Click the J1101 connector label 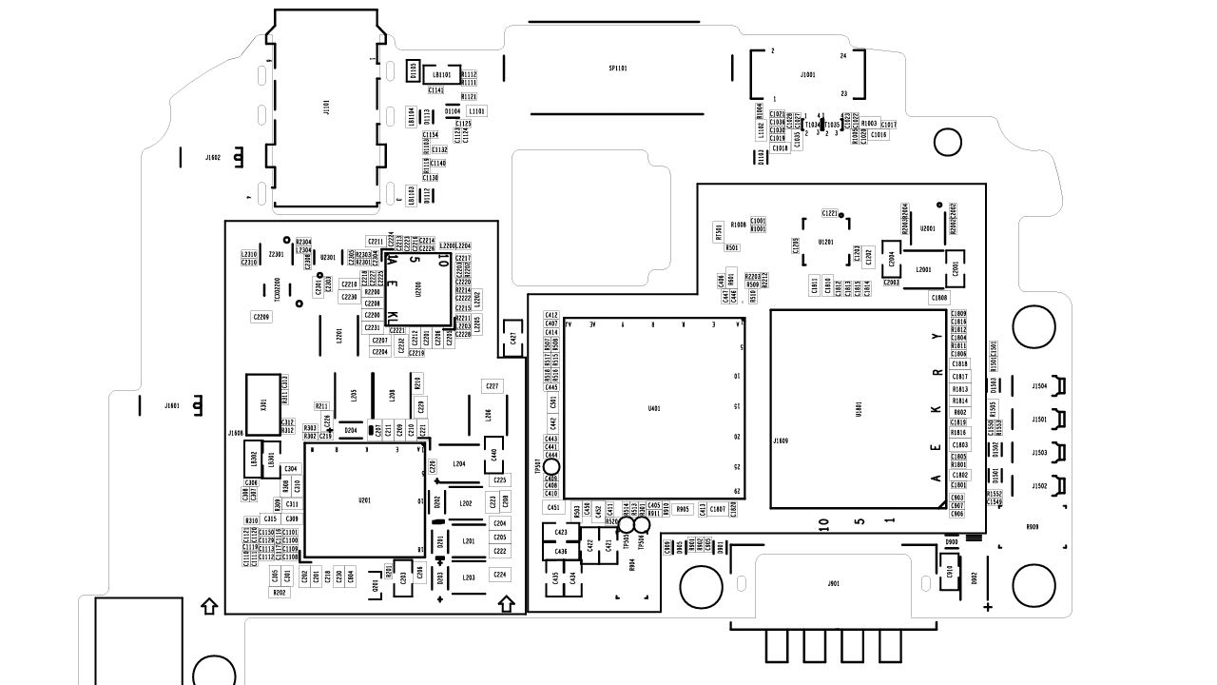pyautogui.click(x=326, y=108)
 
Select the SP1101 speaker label pyautogui.click(x=618, y=68)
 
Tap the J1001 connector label pyautogui.click(x=808, y=74)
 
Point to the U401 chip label pyautogui.click(x=654, y=408)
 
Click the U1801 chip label pyautogui.click(x=859, y=409)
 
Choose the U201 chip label pyautogui.click(x=364, y=500)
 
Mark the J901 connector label pyautogui.click(x=834, y=583)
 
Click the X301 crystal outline pyautogui.click(x=263, y=405)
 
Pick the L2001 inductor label pyautogui.click(x=923, y=269)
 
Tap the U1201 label pyautogui.click(x=825, y=242)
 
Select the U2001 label pyautogui.click(x=928, y=228)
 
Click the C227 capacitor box pyautogui.click(x=492, y=386)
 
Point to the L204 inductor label pyautogui.click(x=459, y=463)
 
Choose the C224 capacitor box pyautogui.click(x=500, y=575)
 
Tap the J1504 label pyautogui.click(x=1039, y=386)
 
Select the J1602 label pyautogui.click(x=213, y=157)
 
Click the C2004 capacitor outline pyautogui.click(x=892, y=259)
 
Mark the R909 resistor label pyautogui.click(x=1032, y=527)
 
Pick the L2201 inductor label pyautogui.click(x=339, y=336)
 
